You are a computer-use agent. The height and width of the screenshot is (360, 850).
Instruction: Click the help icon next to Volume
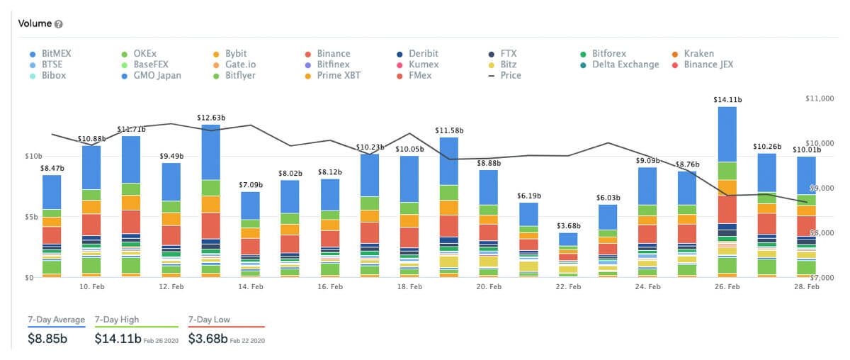click(59, 24)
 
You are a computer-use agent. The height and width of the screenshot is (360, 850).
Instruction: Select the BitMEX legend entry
click(56, 53)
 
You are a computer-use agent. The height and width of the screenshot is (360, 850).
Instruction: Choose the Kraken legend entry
click(698, 53)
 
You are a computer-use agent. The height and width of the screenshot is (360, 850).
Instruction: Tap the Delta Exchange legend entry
click(625, 64)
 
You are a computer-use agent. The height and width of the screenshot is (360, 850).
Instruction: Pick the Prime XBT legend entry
click(339, 75)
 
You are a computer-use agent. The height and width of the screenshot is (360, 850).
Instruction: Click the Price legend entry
click(510, 75)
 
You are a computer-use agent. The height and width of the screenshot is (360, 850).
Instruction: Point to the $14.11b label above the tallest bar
click(727, 101)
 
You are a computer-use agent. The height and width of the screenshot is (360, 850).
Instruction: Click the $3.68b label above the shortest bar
click(568, 226)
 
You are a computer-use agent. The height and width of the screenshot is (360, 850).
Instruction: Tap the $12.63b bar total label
click(211, 118)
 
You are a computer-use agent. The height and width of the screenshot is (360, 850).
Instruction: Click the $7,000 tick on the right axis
click(823, 278)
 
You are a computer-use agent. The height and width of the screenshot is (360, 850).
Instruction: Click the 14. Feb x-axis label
click(251, 287)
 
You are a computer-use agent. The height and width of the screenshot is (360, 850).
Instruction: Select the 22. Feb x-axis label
click(568, 287)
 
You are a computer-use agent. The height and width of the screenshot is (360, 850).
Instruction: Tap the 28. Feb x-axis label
click(807, 287)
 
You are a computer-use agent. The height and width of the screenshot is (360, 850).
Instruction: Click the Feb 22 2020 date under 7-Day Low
click(248, 340)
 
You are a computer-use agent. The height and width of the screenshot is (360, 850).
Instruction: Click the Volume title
click(35, 24)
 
